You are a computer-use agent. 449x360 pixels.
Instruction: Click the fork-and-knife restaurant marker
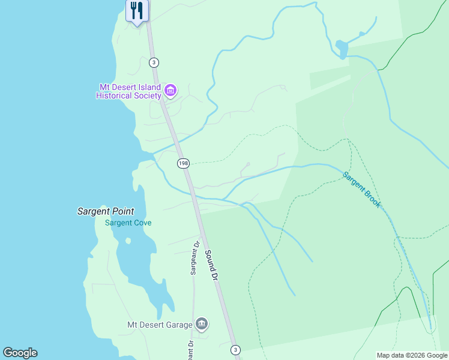pyautogui.click(x=137, y=11)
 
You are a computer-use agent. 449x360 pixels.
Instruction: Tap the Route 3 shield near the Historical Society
pyautogui.click(x=154, y=62)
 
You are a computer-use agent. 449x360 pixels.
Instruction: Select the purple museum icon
pyautogui.click(x=170, y=91)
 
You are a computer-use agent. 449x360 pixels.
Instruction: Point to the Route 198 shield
pyautogui.click(x=184, y=163)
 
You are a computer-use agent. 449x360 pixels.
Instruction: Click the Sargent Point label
pyautogui.click(x=106, y=211)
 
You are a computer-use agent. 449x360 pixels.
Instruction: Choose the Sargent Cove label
pyautogui.click(x=128, y=223)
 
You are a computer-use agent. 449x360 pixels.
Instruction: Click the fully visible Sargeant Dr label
pyautogui.click(x=194, y=258)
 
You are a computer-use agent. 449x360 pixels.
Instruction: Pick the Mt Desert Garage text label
pyautogui.click(x=160, y=325)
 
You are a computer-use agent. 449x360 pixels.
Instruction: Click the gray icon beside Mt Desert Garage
pyautogui.click(x=202, y=325)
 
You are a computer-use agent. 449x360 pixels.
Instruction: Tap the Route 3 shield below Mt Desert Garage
pyautogui.click(x=235, y=349)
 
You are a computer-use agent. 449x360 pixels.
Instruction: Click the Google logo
pyautogui.click(x=20, y=353)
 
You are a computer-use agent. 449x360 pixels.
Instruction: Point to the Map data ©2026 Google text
pyautogui.click(x=412, y=355)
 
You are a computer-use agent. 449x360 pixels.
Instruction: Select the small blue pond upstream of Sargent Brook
pyautogui.click(x=342, y=48)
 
